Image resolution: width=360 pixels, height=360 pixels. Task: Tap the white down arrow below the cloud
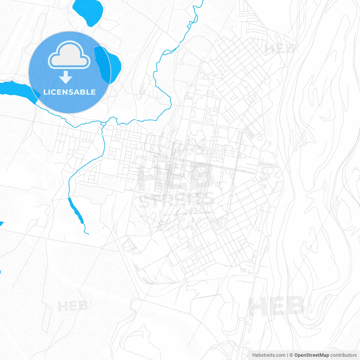click(66, 77)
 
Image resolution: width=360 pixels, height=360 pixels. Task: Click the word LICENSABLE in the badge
click(69, 92)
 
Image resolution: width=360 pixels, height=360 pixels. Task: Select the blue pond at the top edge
click(88, 11)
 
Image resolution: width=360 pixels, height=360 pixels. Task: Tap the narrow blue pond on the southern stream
click(76, 210)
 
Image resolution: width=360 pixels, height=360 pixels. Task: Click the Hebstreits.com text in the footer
click(269, 355)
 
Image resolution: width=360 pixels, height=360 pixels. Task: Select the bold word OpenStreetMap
click(311, 355)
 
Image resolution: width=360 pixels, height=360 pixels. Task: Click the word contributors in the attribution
click(343, 355)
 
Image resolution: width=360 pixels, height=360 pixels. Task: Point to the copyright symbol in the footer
click(291, 355)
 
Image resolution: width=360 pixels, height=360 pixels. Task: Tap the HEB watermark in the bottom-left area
click(73, 306)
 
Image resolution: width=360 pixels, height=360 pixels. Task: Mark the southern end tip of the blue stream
click(88, 234)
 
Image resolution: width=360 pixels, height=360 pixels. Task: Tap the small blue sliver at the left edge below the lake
click(1, 224)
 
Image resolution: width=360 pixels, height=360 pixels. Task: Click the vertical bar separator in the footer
click(287, 355)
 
